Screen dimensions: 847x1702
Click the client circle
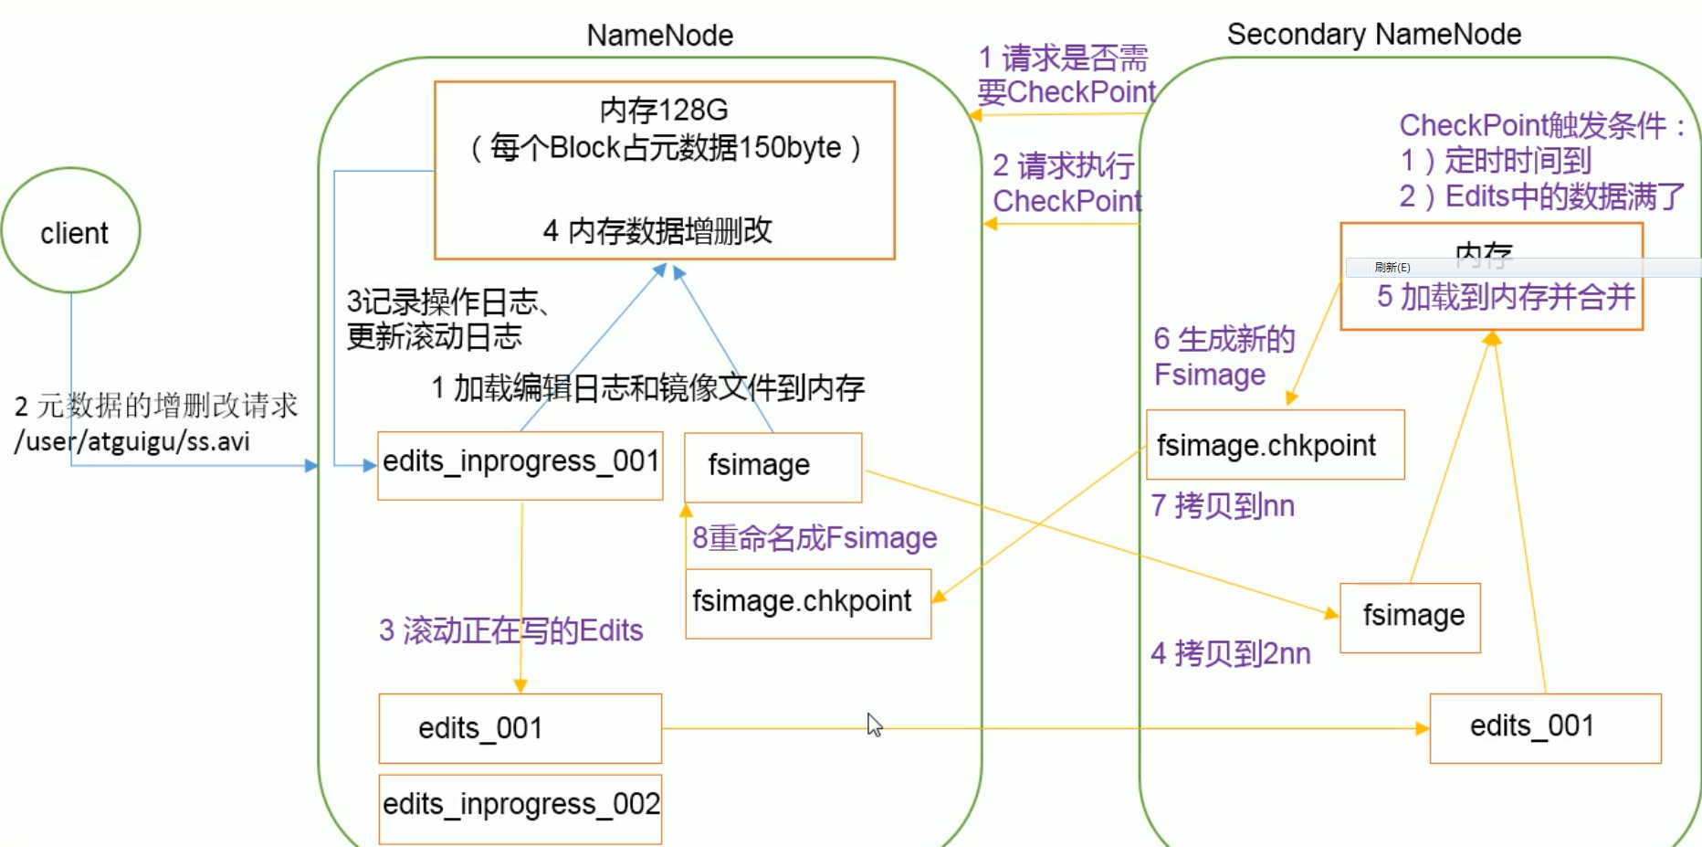click(x=71, y=230)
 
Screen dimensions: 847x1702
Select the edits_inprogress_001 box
click(x=520, y=464)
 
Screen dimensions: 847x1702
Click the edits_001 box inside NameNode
click(x=520, y=728)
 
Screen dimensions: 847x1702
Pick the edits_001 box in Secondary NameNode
click(x=1545, y=727)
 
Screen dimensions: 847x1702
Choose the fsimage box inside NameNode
click(x=772, y=466)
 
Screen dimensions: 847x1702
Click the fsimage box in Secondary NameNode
click(x=1410, y=617)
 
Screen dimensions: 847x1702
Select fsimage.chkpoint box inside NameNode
click(x=808, y=602)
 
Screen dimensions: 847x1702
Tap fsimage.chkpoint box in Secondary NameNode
click(x=1275, y=445)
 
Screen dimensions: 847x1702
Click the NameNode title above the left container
click(x=659, y=36)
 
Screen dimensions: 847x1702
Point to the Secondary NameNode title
click(x=1373, y=34)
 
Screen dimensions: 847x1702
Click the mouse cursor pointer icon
click(x=874, y=725)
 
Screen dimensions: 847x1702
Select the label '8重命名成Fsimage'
click(x=814, y=538)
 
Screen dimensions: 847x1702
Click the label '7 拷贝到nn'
click(x=1223, y=505)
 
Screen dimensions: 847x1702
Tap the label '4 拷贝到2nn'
click(x=1230, y=653)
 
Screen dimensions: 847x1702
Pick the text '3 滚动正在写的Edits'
click(x=510, y=630)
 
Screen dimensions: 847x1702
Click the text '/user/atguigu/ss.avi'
click(x=132, y=442)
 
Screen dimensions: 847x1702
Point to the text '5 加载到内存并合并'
click(x=1505, y=297)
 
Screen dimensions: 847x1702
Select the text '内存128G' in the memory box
click(x=664, y=110)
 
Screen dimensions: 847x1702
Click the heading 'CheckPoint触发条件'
click(x=1532, y=125)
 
